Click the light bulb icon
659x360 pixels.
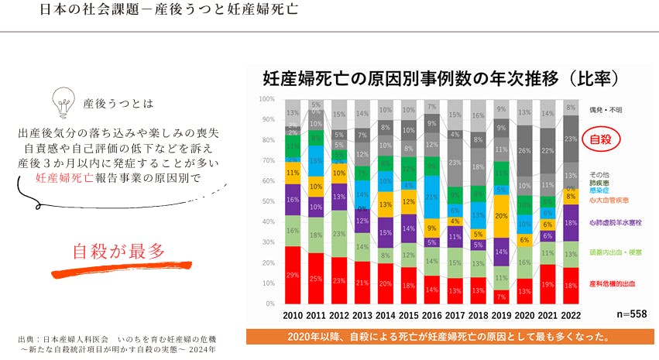pos(61,101)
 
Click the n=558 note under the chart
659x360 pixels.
pos(632,315)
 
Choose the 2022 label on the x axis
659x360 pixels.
pos(571,315)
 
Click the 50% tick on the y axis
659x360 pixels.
pos(267,201)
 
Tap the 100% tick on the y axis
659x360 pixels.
pos(267,99)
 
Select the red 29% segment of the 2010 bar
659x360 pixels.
pos(293,275)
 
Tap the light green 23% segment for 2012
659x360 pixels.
pos(338,233)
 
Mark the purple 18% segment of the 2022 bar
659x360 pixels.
pos(571,222)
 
